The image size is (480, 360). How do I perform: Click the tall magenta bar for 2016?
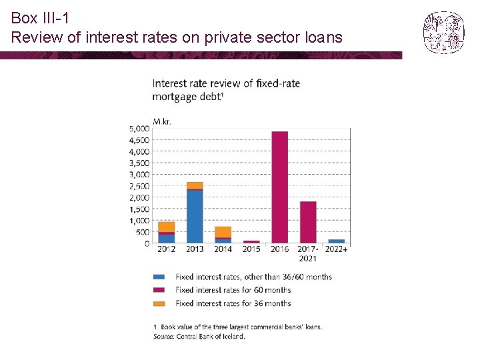point(279,187)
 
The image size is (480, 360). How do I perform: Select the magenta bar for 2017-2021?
point(308,222)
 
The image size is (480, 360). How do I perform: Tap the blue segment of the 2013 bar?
point(195,217)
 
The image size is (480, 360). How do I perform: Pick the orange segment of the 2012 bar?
point(167,227)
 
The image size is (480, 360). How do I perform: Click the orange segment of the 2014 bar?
point(223,231)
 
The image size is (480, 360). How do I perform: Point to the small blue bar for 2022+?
point(337,241)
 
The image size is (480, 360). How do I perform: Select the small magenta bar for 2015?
point(251,241)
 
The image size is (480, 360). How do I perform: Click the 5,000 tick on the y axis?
point(139,128)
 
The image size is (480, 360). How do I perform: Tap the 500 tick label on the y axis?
point(141,232)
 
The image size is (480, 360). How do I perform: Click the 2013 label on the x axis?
point(195,249)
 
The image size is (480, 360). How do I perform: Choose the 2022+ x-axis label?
point(337,249)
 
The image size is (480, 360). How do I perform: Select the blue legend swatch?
point(159,277)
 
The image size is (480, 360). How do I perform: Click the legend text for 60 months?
point(233,290)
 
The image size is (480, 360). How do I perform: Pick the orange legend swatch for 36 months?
point(159,303)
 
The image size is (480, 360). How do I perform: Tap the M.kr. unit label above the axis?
point(162,121)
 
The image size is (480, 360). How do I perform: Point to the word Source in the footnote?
point(163,336)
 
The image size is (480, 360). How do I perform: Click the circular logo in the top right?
point(443,32)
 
